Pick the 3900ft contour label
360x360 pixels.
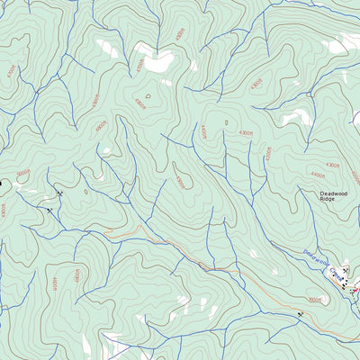pos(179,181)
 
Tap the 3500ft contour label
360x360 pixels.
pos(314,299)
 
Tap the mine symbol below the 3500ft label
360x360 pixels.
pos(300,314)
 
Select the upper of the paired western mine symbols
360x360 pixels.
pos(59,193)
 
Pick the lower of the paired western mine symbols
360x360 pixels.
pos(49,210)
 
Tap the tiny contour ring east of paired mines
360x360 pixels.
pos(86,191)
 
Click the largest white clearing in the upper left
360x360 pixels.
pos(156,61)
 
